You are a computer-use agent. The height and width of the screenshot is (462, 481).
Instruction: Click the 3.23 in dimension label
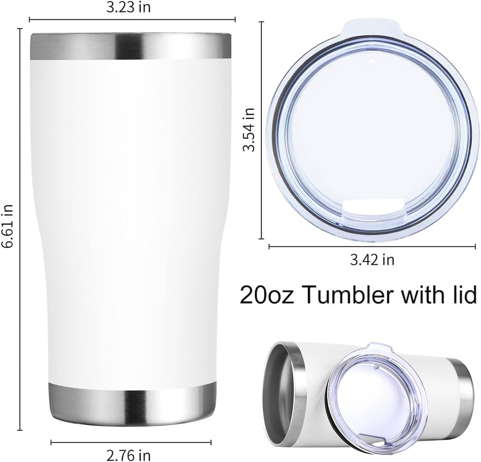128,7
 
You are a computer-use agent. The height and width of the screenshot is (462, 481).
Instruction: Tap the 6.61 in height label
7,225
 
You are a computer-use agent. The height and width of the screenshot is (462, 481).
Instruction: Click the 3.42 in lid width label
372,259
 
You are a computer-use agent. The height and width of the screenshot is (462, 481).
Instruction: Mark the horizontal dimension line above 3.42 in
372,247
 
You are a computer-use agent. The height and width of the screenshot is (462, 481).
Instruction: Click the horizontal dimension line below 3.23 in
132,20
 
